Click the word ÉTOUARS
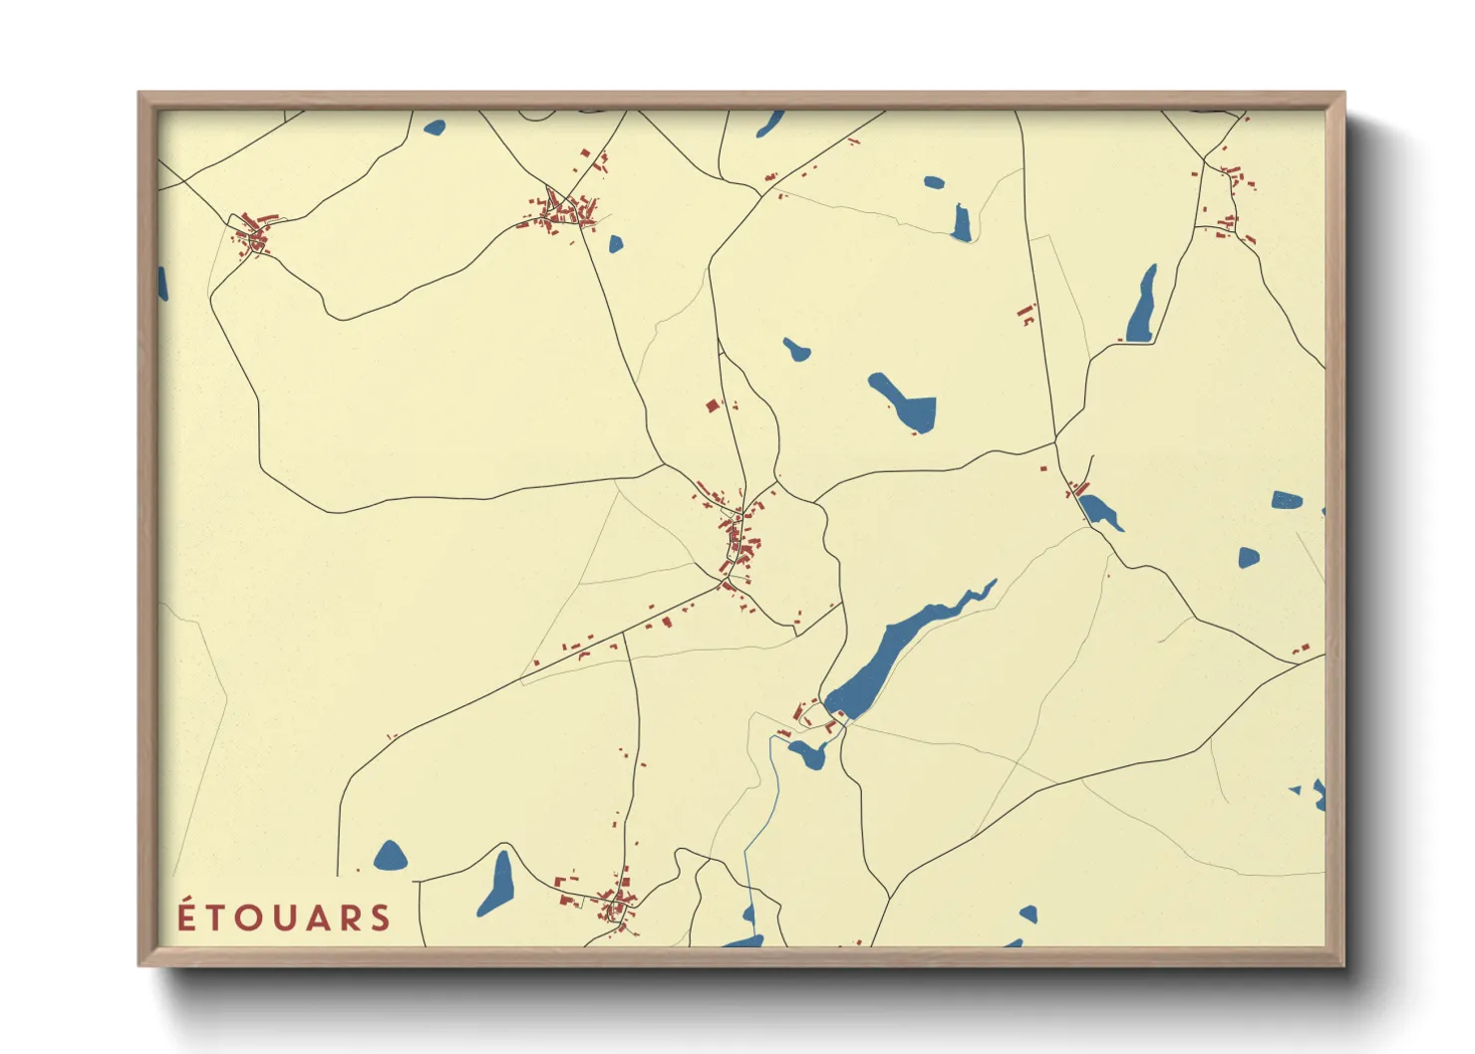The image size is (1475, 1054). click(284, 918)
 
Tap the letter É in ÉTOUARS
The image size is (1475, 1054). click(187, 917)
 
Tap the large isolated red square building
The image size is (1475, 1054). click(712, 405)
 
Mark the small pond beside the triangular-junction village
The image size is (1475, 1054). click(615, 243)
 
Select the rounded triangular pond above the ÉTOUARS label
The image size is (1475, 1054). click(391, 856)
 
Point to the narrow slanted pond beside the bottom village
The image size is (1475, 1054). click(496, 884)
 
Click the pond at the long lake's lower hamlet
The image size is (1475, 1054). click(807, 753)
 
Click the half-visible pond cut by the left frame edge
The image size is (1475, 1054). click(162, 284)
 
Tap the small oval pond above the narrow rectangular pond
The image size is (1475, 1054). click(934, 183)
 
